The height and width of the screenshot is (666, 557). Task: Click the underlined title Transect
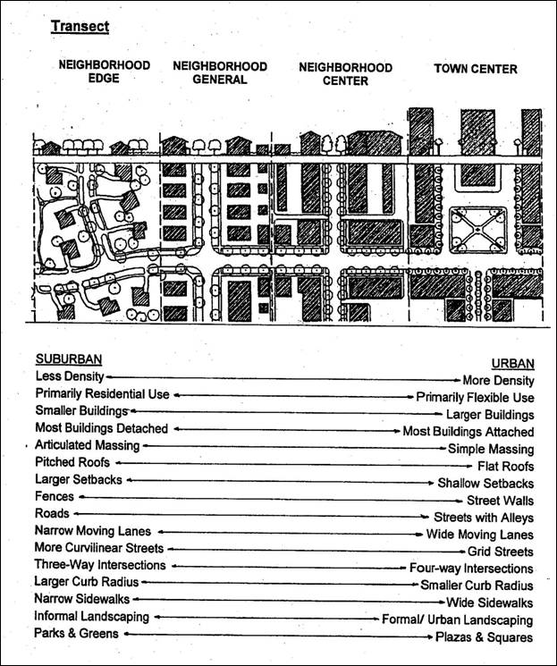(x=80, y=26)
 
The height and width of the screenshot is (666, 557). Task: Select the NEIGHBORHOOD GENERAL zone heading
(x=220, y=72)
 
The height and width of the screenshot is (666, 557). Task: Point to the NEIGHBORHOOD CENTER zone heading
(x=345, y=73)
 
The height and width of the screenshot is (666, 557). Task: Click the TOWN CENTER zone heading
(x=476, y=69)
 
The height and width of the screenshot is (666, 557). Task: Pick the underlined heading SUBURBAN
(x=69, y=359)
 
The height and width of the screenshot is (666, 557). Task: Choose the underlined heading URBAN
(x=512, y=363)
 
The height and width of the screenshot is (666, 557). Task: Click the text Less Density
(x=70, y=377)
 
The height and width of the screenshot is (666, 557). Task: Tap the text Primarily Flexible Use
(x=475, y=397)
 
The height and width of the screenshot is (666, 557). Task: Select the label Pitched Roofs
(x=72, y=462)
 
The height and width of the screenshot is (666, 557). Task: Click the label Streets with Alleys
(x=484, y=517)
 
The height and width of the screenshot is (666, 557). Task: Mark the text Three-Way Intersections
(x=100, y=565)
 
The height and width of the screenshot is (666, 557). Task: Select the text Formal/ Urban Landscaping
(x=458, y=619)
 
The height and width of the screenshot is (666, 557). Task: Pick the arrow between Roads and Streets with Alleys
(x=250, y=515)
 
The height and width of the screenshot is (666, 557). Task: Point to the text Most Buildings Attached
(x=468, y=431)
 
